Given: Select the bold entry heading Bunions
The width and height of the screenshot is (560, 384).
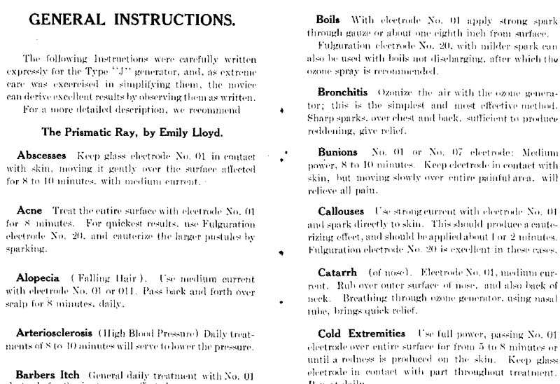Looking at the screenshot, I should point(337,152).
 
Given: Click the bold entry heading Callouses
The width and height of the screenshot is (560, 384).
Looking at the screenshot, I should point(342,211).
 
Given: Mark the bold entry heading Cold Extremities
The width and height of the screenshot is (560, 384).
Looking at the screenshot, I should point(361,334).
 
